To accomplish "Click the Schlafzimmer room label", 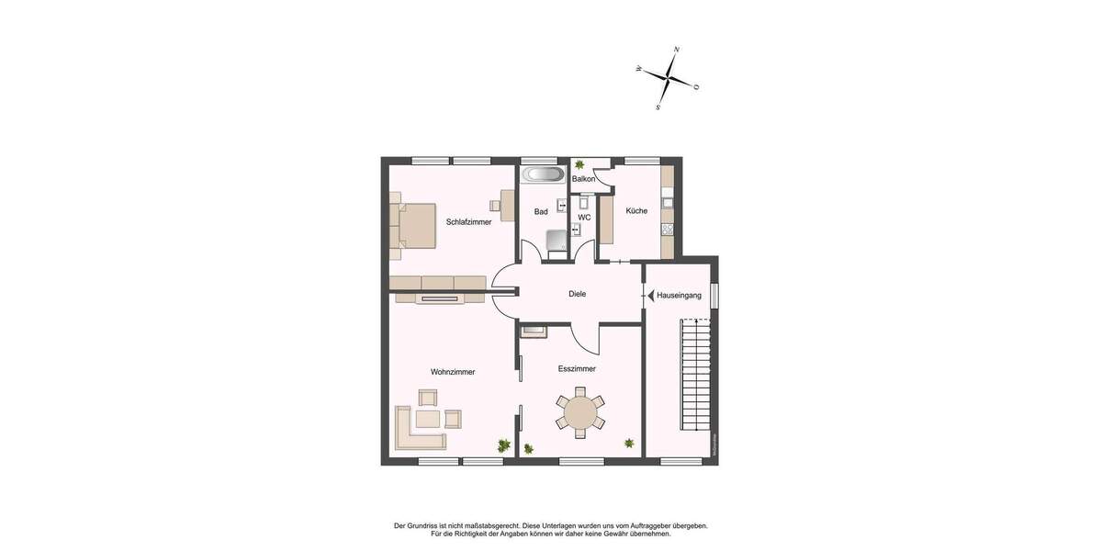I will click(x=468, y=222).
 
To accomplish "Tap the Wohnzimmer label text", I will click(x=453, y=372).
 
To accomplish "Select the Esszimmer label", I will click(x=577, y=368).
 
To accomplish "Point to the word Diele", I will click(x=577, y=294).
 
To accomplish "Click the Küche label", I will click(x=636, y=211).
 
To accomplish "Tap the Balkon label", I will click(x=583, y=179).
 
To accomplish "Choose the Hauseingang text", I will click(x=680, y=296).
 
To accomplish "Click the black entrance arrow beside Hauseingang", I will click(x=649, y=296).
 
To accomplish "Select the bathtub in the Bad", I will click(x=544, y=174).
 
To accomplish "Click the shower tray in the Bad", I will click(x=557, y=241).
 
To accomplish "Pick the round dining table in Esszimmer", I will click(x=580, y=412).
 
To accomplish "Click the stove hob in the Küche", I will click(x=668, y=230).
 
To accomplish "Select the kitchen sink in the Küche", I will click(x=669, y=200).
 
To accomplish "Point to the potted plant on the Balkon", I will click(x=579, y=165).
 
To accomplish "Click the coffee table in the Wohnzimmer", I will click(x=428, y=419).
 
